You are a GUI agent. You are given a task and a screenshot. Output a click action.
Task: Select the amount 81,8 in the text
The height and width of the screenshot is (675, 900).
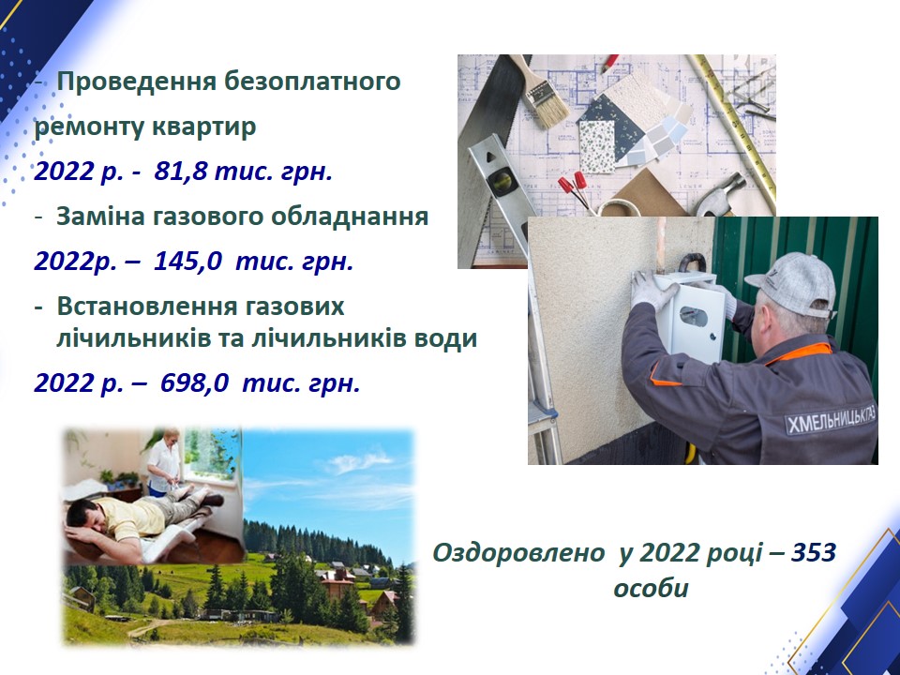(180, 172)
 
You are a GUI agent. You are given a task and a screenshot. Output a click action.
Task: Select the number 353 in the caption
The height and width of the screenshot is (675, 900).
(814, 553)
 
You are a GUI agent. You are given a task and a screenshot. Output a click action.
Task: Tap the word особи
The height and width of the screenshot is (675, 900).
(651, 590)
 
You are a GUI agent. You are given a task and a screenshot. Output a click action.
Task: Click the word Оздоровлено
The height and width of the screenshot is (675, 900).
(517, 553)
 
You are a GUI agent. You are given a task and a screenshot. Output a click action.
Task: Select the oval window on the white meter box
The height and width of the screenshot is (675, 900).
(694, 316)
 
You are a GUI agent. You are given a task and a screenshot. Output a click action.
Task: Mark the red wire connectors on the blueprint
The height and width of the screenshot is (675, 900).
(573, 186)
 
